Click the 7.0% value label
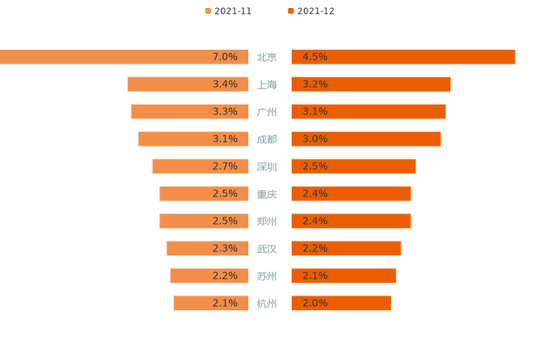coord(225,57)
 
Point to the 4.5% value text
coord(314,57)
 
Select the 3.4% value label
coord(225,85)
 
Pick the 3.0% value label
coord(314,139)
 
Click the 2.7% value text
coord(225,166)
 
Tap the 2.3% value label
coord(225,248)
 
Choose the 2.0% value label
coord(314,303)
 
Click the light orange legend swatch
coord(206,11)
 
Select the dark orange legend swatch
coord(289,11)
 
